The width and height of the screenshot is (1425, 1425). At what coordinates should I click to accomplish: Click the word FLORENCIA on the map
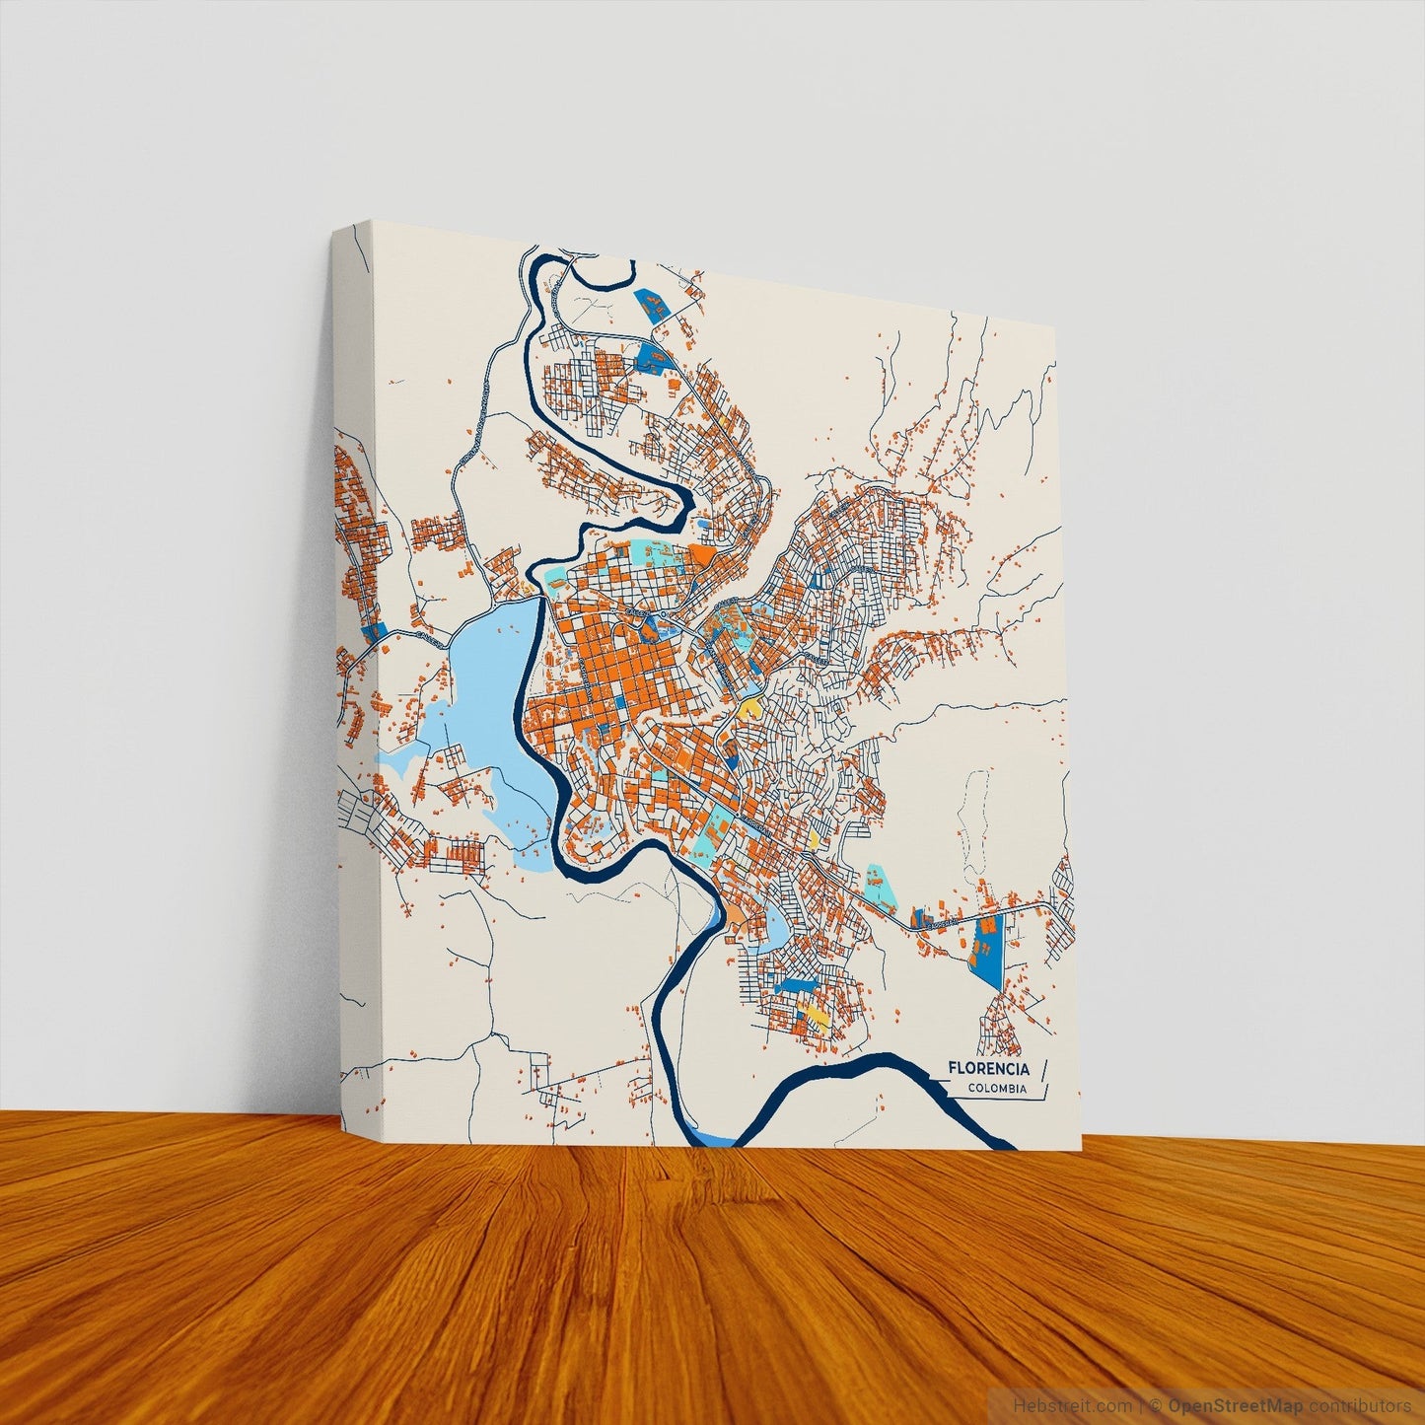988,1068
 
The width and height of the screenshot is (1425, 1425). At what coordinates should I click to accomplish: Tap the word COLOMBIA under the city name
995,1089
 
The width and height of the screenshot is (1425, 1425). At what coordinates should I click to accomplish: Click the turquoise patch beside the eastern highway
879,885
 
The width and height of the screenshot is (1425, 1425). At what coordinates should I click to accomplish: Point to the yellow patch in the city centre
750,707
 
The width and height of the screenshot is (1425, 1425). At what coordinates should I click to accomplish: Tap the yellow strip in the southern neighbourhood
815,1015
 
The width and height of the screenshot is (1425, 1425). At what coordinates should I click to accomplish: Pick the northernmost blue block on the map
651,302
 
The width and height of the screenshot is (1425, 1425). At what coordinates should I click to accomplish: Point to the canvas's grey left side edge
355,690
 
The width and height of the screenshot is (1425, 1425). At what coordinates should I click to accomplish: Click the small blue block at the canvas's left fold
373,629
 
